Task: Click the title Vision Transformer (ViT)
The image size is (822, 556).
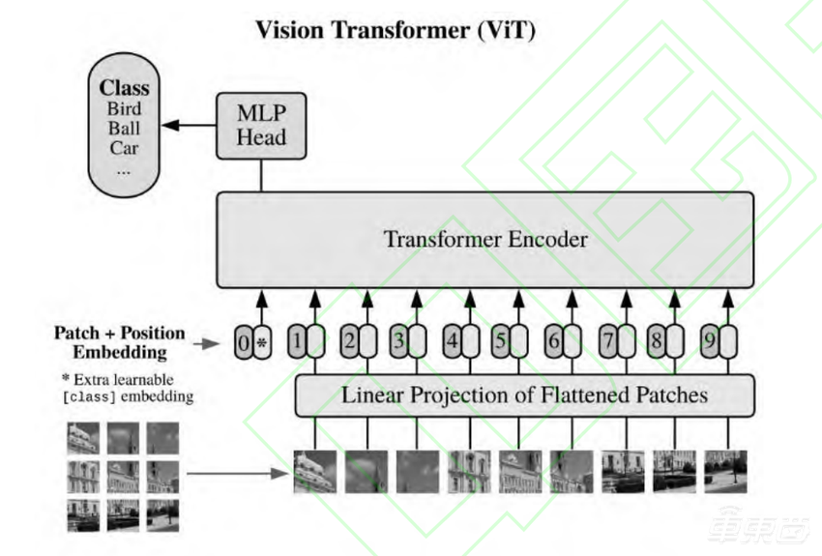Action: coord(395,30)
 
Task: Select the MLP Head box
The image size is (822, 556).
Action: coord(262,125)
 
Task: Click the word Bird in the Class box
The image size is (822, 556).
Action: coord(124,108)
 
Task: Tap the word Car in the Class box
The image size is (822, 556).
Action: coord(124,148)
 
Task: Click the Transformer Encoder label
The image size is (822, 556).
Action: coord(484,239)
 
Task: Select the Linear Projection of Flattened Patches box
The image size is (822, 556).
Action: coord(523,395)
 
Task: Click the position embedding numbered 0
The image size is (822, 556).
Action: coord(243,341)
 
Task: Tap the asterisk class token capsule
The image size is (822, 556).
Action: coord(261,341)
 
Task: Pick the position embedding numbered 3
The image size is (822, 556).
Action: coord(398,341)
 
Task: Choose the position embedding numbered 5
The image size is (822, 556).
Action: coord(500,341)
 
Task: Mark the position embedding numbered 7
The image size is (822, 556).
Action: coord(608,341)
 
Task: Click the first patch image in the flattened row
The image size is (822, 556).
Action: coord(314,471)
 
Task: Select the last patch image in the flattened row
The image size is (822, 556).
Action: coord(725,471)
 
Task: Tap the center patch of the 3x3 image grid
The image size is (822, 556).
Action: coord(122,476)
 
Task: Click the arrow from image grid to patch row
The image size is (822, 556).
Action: coord(238,474)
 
